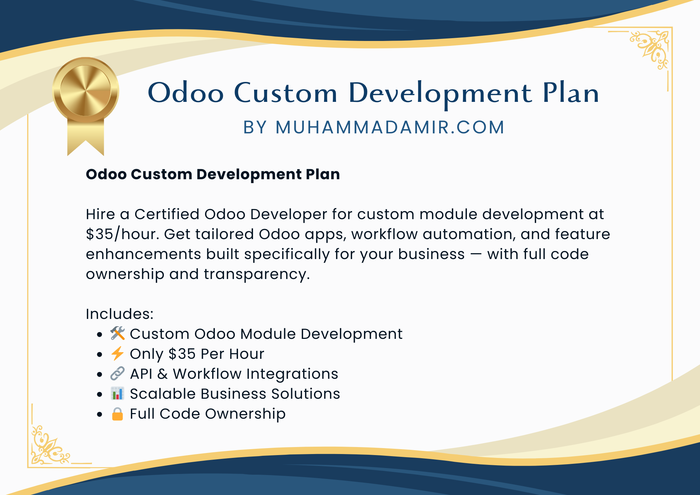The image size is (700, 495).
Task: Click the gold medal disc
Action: click(x=86, y=90)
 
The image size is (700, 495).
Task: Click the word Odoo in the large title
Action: click(x=185, y=92)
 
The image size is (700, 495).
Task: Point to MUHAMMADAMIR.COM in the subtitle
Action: click(x=390, y=127)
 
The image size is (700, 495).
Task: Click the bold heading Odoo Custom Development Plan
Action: click(x=213, y=174)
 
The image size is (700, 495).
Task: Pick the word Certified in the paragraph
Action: click(x=167, y=214)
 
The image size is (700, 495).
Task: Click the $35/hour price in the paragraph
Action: click(x=122, y=234)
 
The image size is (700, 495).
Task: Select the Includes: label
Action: click(x=120, y=314)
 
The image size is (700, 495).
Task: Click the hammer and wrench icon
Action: click(x=118, y=333)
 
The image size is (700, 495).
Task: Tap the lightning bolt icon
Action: click(x=118, y=353)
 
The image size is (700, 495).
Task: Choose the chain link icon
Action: click(x=118, y=373)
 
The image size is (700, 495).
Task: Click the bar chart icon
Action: click(x=118, y=393)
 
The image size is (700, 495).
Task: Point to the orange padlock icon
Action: click(x=118, y=413)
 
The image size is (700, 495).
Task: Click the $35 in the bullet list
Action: click(x=182, y=354)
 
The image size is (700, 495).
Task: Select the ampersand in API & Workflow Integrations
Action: click(x=162, y=374)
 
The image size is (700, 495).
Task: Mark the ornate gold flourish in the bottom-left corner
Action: click(x=50, y=445)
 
